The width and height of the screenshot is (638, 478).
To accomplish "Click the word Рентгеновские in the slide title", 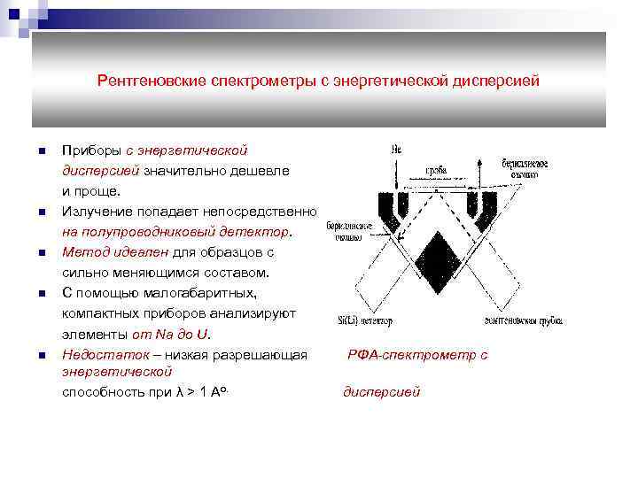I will point(152,81).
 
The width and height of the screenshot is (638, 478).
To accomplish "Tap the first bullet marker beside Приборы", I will point(41,150).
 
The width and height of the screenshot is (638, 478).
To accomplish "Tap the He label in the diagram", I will point(396,149).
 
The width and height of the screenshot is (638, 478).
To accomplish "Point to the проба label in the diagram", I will point(435,169).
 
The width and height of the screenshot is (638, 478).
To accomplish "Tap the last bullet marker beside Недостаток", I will point(41,355).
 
